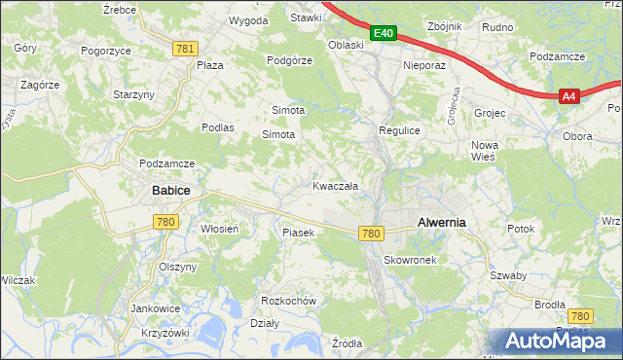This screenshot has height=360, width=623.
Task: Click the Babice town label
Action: [x=169, y=192]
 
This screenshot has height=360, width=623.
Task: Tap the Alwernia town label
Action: [x=441, y=222]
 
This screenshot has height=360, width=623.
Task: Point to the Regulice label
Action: [x=398, y=129]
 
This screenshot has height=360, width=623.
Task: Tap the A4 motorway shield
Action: [x=569, y=95]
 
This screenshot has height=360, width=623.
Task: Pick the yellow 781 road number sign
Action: [x=186, y=48]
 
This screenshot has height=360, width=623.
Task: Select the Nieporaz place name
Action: [x=423, y=66]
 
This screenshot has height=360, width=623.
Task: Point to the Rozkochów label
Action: [x=289, y=301]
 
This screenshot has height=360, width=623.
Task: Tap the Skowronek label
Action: [x=415, y=260]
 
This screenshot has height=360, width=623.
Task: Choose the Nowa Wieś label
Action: [x=484, y=150]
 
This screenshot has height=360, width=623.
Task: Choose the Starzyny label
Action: [x=133, y=94]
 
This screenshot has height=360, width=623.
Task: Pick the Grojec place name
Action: [x=490, y=113]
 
